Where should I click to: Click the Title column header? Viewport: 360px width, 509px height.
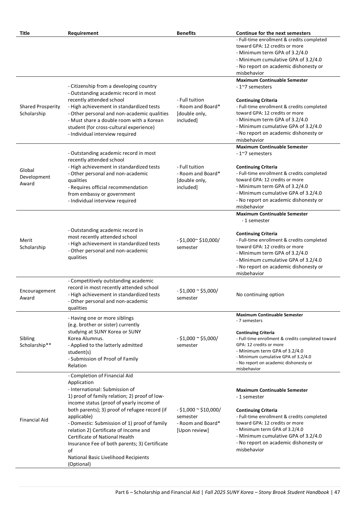[24, 33]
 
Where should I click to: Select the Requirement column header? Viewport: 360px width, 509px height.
[83, 33]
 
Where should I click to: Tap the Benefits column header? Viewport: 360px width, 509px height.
[186, 33]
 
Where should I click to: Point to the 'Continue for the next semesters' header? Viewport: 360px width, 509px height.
[273, 33]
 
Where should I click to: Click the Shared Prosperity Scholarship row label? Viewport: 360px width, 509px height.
[40, 110]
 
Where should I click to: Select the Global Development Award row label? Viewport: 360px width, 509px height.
[35, 177]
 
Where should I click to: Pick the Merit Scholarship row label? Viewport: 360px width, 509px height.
[32, 244]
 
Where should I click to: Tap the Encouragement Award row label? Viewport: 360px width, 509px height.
[38, 294]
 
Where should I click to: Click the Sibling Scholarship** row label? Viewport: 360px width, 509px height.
[35, 342]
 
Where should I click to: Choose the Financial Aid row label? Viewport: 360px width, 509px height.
[34, 420]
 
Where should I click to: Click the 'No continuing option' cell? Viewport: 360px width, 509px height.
[260, 295]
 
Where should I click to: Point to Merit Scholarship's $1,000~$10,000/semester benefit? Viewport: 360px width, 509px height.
[198, 244]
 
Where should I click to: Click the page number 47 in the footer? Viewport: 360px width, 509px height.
[337, 492]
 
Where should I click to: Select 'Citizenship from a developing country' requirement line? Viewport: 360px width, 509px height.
[113, 86]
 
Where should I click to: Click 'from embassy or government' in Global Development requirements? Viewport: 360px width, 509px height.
[101, 194]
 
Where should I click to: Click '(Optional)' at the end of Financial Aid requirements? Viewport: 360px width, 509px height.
[79, 464]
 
